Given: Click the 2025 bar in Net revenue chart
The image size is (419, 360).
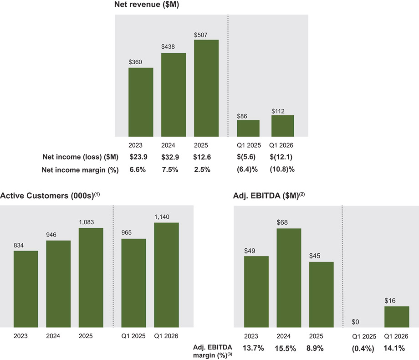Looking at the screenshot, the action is (x=206, y=88).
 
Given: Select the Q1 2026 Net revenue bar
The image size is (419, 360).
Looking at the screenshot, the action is (x=283, y=126).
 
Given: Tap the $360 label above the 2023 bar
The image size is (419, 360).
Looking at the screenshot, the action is (x=135, y=62).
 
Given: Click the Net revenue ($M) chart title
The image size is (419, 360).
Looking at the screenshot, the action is (x=147, y=4).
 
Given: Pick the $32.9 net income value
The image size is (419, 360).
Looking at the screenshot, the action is (x=170, y=157).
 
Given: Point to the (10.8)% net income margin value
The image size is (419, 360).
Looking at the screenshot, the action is (x=282, y=170).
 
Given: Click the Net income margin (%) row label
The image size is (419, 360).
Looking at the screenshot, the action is (x=80, y=170).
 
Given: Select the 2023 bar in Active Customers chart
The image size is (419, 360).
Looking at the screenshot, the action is (x=26, y=289).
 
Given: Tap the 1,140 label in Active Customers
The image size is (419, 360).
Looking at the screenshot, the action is (x=162, y=217).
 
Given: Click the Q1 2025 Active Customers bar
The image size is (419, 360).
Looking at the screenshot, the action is (x=133, y=283).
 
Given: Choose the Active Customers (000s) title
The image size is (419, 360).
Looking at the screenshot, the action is (x=50, y=195).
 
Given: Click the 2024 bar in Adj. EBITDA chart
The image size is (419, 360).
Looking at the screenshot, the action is (x=289, y=278).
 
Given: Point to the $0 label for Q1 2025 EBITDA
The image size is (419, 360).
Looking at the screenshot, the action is (x=355, y=322).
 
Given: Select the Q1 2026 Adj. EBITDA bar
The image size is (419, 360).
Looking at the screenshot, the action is (x=397, y=317).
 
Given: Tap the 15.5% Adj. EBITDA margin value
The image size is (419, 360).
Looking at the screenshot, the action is (x=286, y=349).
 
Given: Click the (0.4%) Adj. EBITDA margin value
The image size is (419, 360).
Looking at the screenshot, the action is (x=363, y=349).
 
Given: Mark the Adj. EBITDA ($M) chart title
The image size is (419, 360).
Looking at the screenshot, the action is (x=269, y=195).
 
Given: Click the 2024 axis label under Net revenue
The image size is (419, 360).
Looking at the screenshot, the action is (x=168, y=145).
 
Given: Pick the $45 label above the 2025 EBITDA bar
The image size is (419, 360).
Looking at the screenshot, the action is (x=315, y=256).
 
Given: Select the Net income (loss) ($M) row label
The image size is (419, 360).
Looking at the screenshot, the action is (x=81, y=157).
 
